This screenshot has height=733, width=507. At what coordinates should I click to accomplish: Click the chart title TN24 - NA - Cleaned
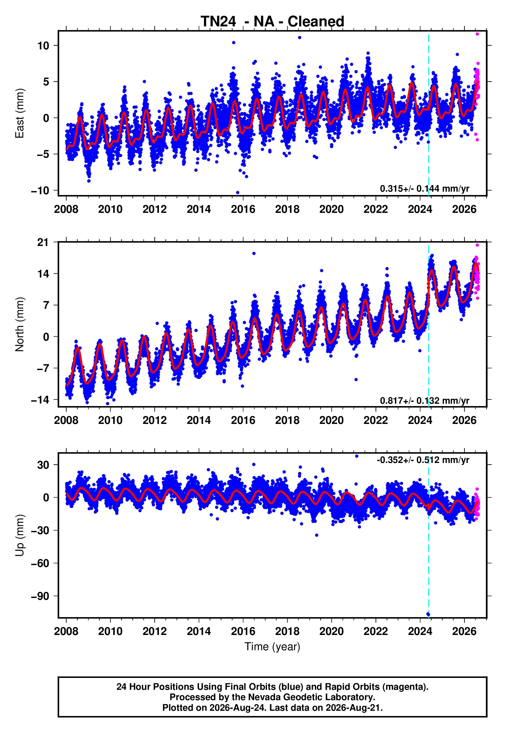272,22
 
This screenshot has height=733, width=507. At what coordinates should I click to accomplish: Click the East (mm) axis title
20,113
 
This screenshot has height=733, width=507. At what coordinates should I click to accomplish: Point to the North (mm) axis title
20,324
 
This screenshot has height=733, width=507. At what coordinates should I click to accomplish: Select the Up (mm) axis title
20,535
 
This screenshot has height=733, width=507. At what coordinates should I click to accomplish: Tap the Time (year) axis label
272,647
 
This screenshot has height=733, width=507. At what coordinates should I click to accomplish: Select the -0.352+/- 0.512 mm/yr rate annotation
423,460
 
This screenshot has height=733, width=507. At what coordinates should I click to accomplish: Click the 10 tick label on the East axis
43,46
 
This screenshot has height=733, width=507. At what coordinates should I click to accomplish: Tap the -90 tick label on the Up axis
40,596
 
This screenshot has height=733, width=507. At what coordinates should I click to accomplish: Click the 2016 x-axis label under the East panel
243,209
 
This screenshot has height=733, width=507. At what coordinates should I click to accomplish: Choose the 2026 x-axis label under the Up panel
464,631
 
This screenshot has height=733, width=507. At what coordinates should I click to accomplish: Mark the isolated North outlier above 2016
254,253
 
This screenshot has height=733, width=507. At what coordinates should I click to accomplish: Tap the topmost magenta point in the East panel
477,34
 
